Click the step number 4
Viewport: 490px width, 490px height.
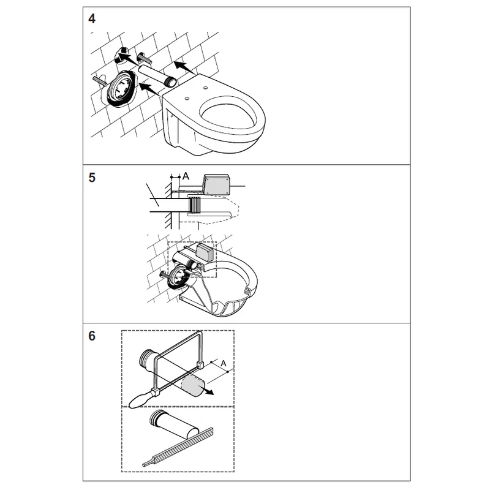pyautogui.click(x=91, y=19)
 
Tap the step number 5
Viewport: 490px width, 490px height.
pyautogui.click(x=91, y=178)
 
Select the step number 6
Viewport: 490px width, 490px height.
pyautogui.click(x=91, y=336)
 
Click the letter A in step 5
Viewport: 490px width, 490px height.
pyautogui.click(x=186, y=176)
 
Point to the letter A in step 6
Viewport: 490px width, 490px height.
pyautogui.click(x=223, y=363)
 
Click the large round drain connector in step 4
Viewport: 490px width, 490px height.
pyautogui.click(x=121, y=88)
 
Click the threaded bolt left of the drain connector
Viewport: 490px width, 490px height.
pyautogui.click(x=100, y=81)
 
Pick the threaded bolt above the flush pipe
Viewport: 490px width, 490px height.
pyautogui.click(x=144, y=58)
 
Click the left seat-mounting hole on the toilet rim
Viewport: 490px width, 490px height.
pyautogui.click(x=187, y=99)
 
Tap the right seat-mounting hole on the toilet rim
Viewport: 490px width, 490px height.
pyautogui.click(x=205, y=88)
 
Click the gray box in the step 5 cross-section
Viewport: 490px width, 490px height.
pyautogui.click(x=216, y=185)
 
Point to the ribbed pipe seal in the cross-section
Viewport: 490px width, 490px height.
pyautogui.click(x=194, y=205)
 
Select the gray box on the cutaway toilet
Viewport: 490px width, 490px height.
pyautogui.click(x=205, y=252)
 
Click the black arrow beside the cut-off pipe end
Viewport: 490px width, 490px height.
pyautogui.click(x=207, y=391)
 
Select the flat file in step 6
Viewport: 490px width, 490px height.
pyautogui.click(x=178, y=448)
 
